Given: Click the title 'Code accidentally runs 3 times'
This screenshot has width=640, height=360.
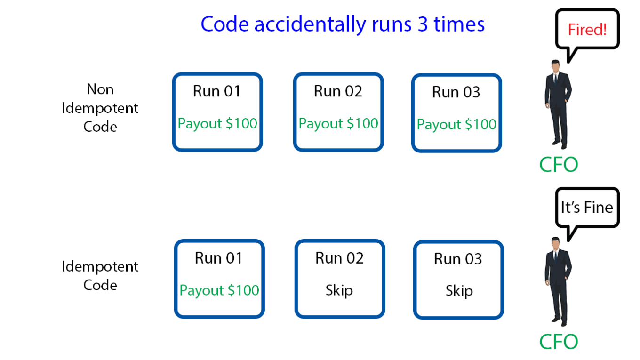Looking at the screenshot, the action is click(x=342, y=24).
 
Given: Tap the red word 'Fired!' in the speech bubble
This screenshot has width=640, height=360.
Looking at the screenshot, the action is click(x=587, y=30).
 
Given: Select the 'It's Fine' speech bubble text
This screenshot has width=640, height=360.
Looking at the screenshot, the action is click(x=587, y=207).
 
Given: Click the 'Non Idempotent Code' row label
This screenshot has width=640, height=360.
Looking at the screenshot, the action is click(x=100, y=108).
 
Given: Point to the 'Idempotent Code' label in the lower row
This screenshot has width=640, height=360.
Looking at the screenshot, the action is click(x=100, y=275).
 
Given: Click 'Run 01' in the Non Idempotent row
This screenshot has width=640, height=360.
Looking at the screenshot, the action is click(x=217, y=91).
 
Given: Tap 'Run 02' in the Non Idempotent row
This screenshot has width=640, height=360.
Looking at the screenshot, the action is click(x=338, y=91).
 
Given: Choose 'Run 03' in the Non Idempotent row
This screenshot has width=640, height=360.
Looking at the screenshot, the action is click(x=456, y=92).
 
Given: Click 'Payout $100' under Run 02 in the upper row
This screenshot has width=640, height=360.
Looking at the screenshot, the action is click(x=338, y=124).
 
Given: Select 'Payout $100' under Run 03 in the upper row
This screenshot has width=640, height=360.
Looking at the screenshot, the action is click(x=456, y=125).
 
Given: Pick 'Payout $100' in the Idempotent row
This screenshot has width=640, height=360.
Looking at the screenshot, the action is click(x=219, y=290).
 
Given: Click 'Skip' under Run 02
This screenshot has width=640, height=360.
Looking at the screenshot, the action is click(x=339, y=290).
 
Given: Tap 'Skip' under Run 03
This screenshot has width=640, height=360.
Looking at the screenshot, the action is click(x=459, y=291).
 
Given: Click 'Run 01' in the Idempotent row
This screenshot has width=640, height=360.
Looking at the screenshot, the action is click(x=219, y=258).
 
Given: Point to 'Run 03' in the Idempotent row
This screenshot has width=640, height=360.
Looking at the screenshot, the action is click(x=458, y=259).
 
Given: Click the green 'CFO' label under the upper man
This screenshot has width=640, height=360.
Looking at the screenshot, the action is click(x=559, y=164).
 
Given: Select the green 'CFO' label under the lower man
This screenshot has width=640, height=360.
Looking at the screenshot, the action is click(x=559, y=342).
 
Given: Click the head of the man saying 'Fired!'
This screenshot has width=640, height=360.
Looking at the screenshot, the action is click(x=556, y=67).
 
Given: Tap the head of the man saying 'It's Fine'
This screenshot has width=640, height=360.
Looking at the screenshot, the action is click(x=556, y=245).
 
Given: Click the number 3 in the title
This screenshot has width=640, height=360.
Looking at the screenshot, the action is click(x=423, y=24).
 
